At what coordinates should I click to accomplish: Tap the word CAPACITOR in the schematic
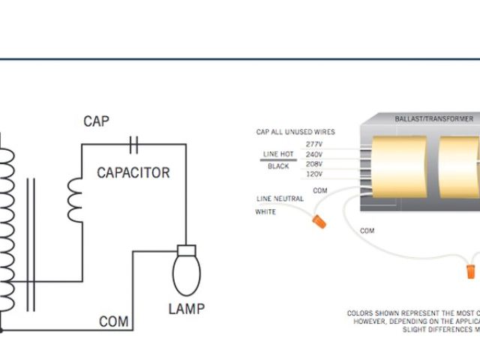point(133,172)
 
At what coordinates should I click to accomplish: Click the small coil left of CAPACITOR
point(75,199)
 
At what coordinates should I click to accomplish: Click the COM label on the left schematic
point(114,322)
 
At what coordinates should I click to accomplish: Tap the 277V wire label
point(314,142)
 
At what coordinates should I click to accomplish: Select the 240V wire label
point(314,154)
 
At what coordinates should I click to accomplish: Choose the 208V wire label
point(314,164)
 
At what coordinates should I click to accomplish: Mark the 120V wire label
point(314,175)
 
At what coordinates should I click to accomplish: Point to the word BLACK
point(278,166)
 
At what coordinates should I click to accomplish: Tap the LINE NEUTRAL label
point(280,198)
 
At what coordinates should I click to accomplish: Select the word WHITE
point(266,211)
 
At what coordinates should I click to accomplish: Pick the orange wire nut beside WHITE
point(319,222)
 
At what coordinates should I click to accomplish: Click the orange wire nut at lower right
point(470,266)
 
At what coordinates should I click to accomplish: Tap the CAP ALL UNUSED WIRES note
point(295,132)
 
